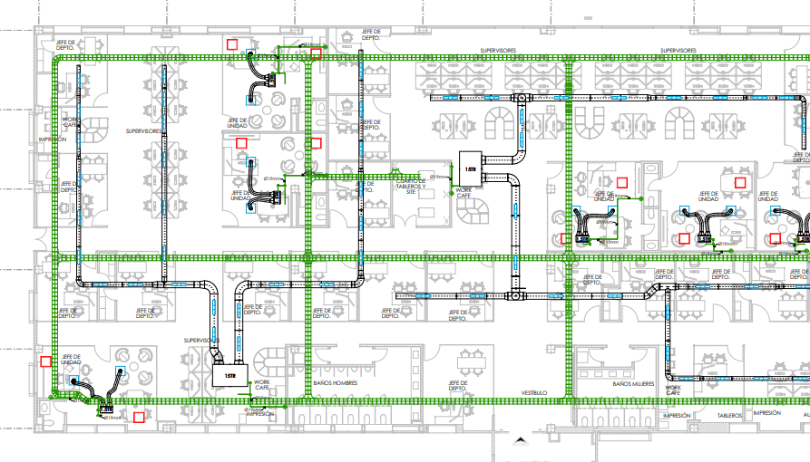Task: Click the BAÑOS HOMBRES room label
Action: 336,383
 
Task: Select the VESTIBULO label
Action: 533,393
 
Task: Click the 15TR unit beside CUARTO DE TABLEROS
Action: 470,168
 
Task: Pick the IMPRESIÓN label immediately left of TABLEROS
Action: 677,415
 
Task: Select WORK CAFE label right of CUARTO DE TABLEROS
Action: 464,193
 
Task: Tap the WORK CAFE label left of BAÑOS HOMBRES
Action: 262,386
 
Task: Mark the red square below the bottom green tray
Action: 139,418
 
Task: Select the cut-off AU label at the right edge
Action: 805,415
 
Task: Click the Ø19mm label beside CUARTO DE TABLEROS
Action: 439,176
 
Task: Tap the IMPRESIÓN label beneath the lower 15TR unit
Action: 260,413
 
